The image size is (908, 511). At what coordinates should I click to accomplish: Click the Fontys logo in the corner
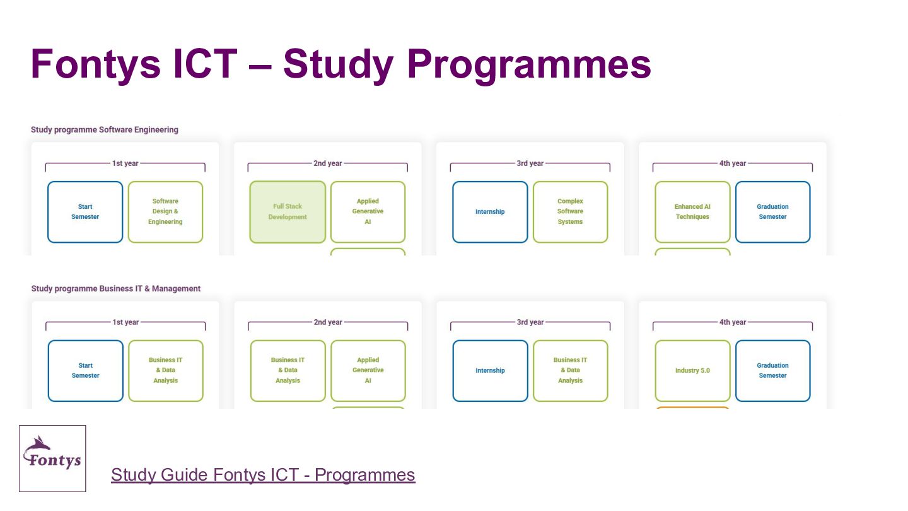pos(52,459)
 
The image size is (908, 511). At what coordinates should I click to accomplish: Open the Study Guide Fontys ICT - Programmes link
pos(263,474)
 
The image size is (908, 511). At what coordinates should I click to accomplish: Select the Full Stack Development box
pos(288,212)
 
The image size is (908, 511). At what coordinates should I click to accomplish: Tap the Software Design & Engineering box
pos(165,212)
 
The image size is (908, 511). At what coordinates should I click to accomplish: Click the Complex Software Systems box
pos(570,212)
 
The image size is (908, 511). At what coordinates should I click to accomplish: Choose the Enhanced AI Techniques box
pos(692,212)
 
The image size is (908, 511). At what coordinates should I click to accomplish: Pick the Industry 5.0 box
pos(692,371)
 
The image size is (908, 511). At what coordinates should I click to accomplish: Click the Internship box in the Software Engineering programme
pos(490,212)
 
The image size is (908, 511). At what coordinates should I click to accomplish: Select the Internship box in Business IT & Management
pos(490,371)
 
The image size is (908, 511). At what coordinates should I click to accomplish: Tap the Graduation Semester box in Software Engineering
pos(772,212)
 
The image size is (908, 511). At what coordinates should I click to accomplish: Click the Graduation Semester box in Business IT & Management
pos(772,371)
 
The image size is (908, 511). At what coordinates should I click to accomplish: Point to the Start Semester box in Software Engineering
pos(85,212)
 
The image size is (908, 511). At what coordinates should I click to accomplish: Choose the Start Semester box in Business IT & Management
pos(86,371)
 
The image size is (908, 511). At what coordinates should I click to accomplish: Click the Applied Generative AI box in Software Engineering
pos(368,212)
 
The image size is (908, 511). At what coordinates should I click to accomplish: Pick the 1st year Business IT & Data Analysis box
pos(166,371)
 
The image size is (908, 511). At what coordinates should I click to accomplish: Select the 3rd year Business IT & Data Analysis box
pos(570,371)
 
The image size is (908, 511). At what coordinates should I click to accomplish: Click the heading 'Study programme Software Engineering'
pos(105,130)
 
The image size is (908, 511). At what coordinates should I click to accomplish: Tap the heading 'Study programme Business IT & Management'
pos(116,289)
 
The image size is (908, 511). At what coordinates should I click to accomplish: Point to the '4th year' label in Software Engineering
pos(733,163)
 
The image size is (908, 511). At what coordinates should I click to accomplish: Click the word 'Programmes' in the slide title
pos(529,64)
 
